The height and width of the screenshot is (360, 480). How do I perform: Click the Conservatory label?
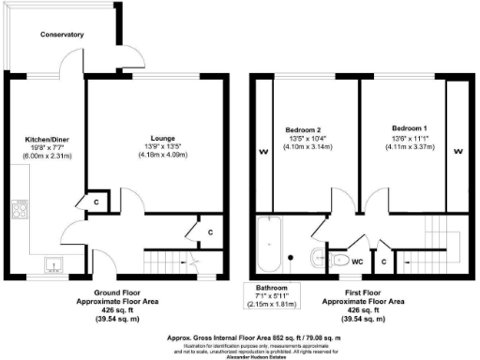(62, 35)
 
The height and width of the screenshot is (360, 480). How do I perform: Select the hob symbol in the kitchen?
(17, 210)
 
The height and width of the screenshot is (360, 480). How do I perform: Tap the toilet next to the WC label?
(337, 259)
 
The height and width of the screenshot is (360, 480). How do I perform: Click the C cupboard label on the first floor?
(385, 262)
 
